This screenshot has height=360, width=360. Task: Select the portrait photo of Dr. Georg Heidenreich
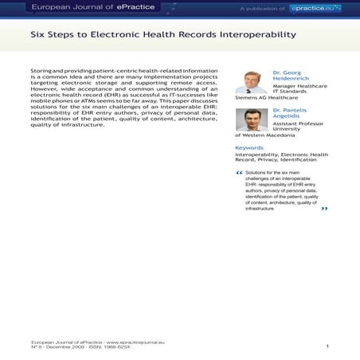(252, 82)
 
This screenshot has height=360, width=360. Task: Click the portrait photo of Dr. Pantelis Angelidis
(252, 119)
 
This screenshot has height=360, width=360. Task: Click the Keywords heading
(249, 148)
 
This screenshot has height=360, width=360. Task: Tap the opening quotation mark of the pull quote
(239, 173)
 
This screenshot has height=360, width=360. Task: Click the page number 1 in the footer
(327, 346)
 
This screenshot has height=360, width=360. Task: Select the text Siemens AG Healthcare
(262, 100)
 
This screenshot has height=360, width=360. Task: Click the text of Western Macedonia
(266, 137)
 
